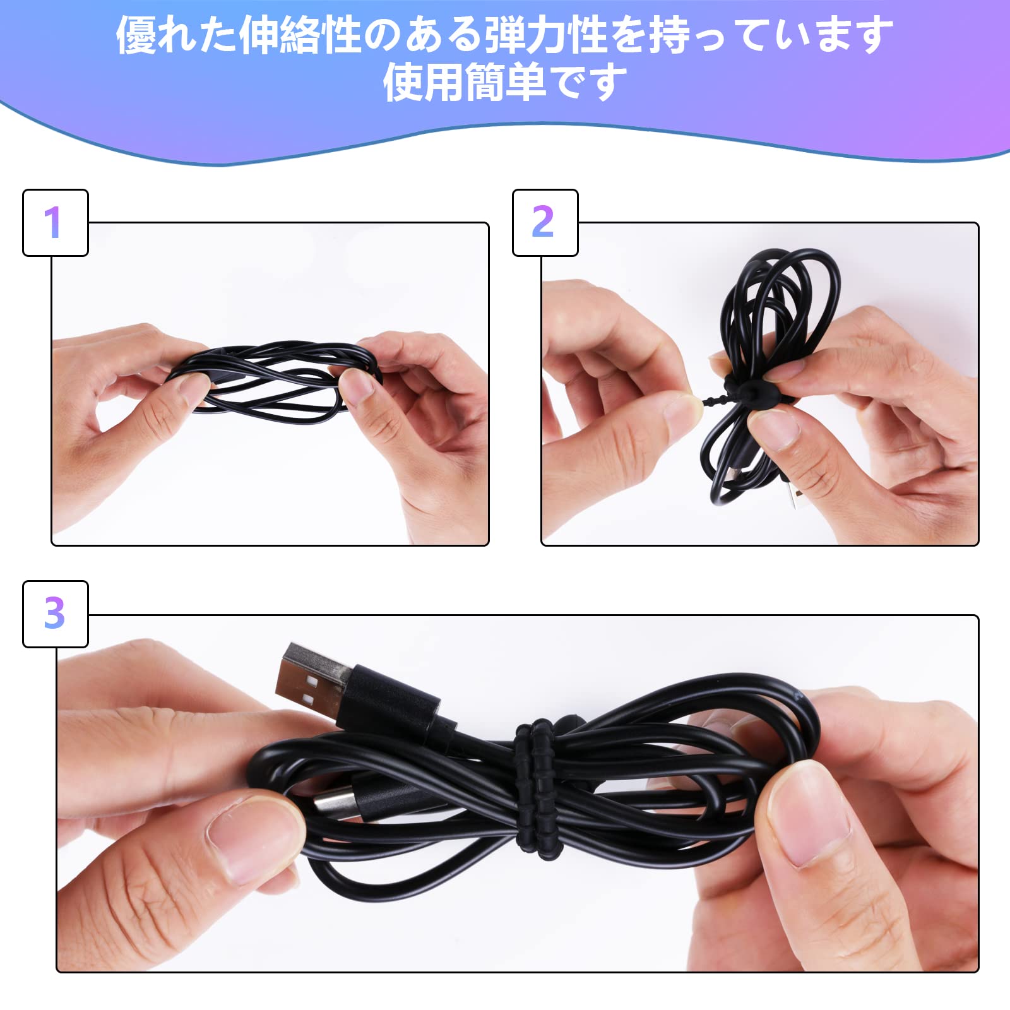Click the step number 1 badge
[x=55, y=223]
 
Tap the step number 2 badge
[x=545, y=223]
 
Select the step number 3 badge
[x=55, y=614]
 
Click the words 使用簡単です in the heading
[x=505, y=83]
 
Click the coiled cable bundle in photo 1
[x=275, y=377]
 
